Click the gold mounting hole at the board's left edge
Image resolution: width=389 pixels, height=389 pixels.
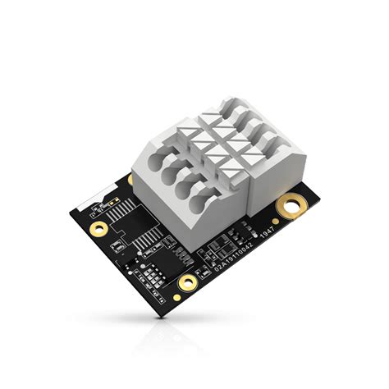click(x=98, y=227)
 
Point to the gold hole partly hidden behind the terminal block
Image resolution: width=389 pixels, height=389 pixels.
click(x=130, y=179)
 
